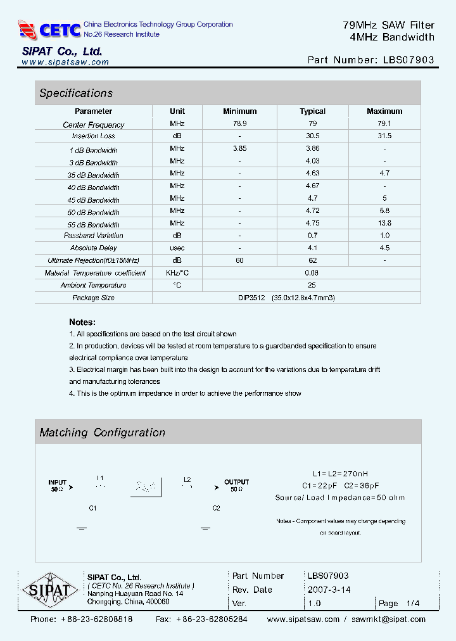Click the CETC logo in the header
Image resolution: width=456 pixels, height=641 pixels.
tap(49, 29)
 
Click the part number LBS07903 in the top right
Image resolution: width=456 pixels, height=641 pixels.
tap(409, 60)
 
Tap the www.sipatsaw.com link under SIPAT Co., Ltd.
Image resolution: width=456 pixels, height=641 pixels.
tap(65, 62)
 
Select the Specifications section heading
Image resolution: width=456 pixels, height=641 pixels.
tap(76, 93)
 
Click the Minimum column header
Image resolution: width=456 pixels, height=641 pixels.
tap(239, 111)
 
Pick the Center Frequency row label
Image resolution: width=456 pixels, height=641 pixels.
tap(93, 125)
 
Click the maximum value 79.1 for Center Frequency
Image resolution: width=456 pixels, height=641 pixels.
tap(384, 124)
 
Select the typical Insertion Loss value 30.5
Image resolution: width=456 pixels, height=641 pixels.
tap(312, 136)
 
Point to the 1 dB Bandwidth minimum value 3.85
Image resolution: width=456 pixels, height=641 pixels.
tap(239, 149)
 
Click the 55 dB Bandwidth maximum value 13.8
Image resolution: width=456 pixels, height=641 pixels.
tap(384, 223)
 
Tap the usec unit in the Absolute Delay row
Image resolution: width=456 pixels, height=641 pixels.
tap(177, 248)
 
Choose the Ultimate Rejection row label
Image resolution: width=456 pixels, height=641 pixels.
tap(93, 260)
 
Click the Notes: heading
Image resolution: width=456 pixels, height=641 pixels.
tap(82, 322)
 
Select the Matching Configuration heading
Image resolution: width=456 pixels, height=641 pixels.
tap(102, 433)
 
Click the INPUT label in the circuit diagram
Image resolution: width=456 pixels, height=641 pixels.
tap(58, 482)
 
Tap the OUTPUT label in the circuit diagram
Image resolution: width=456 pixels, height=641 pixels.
tap(236, 482)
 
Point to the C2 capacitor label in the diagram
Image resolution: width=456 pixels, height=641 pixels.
tap(216, 508)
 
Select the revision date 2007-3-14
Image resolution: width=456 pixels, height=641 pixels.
tap(329, 590)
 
